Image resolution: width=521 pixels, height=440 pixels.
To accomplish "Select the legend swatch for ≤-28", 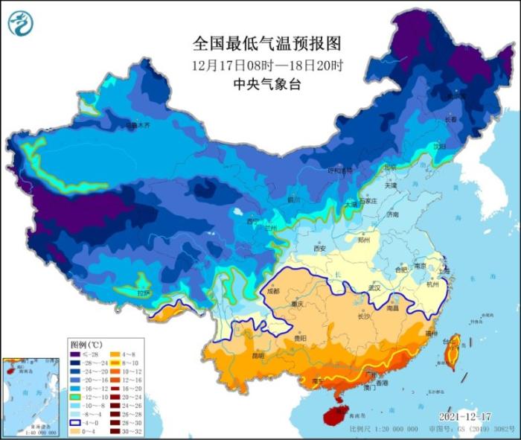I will pyautogui.click(x=77, y=354).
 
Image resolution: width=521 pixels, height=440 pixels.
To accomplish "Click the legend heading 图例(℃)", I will pyautogui.click(x=86, y=345).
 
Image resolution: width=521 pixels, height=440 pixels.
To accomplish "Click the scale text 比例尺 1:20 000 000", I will pyautogui.click(x=388, y=431).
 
